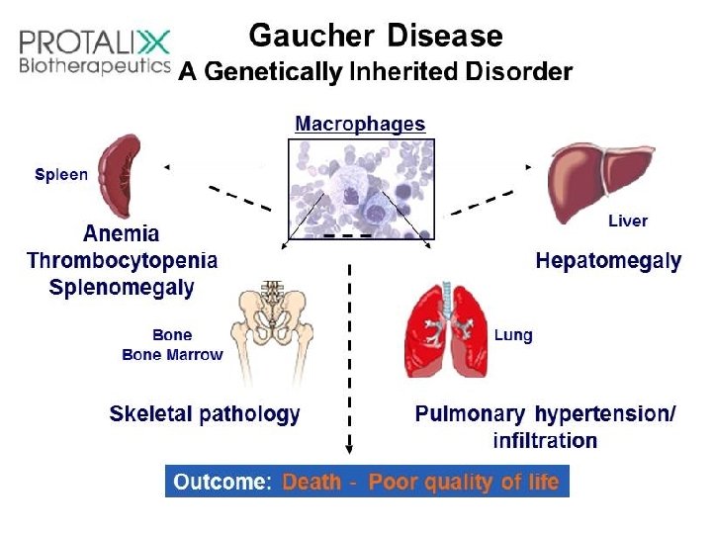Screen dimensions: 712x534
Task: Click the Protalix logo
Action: (95, 52)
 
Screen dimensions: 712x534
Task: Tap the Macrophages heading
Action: (360, 125)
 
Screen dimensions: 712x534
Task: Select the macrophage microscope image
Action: (361, 188)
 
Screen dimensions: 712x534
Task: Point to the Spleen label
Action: (61, 175)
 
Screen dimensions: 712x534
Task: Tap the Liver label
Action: (627, 222)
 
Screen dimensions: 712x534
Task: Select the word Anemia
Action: (122, 234)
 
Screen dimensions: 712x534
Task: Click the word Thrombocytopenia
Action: (122, 261)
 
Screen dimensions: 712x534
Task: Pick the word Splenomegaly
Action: (122, 288)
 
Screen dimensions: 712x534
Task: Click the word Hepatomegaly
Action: (608, 261)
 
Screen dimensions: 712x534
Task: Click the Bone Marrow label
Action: (172, 354)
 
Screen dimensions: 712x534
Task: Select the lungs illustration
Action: (446, 330)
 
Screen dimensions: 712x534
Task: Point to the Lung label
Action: (513, 335)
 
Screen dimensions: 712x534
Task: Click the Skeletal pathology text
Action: (205, 413)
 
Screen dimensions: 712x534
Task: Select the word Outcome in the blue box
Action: (220, 482)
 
